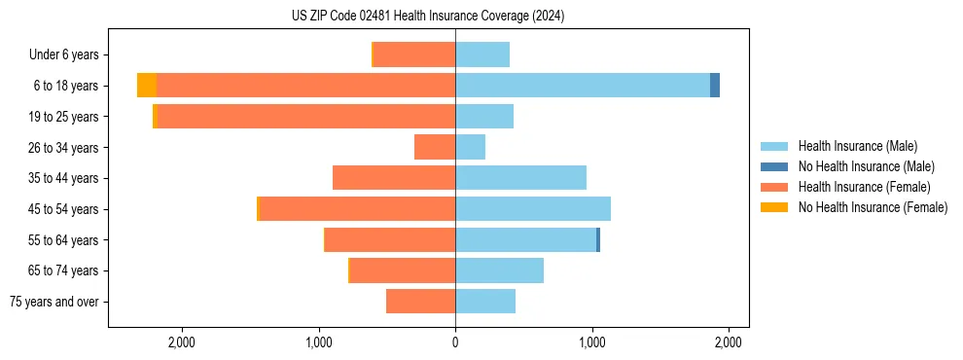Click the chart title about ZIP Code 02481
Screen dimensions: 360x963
[x=428, y=16]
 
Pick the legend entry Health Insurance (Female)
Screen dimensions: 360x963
[x=864, y=187]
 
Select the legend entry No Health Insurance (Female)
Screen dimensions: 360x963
[x=873, y=207]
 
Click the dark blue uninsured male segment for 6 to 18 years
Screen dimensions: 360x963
[x=715, y=86]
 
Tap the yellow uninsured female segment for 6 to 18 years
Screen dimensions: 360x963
[x=147, y=86]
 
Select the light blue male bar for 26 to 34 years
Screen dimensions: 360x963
[x=471, y=147]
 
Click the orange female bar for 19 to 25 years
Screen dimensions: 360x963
[x=306, y=117]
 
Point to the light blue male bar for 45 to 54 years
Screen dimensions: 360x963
[x=533, y=209]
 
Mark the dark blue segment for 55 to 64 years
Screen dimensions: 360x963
[x=598, y=239]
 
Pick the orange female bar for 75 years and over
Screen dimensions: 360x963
[x=421, y=302]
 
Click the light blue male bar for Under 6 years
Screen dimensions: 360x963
[x=482, y=54]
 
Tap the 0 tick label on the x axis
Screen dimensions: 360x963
[x=455, y=342]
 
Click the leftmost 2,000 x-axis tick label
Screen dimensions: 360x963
[x=182, y=342]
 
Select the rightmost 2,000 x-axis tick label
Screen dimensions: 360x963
[x=729, y=342]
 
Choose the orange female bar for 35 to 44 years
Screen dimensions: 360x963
[x=394, y=178]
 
